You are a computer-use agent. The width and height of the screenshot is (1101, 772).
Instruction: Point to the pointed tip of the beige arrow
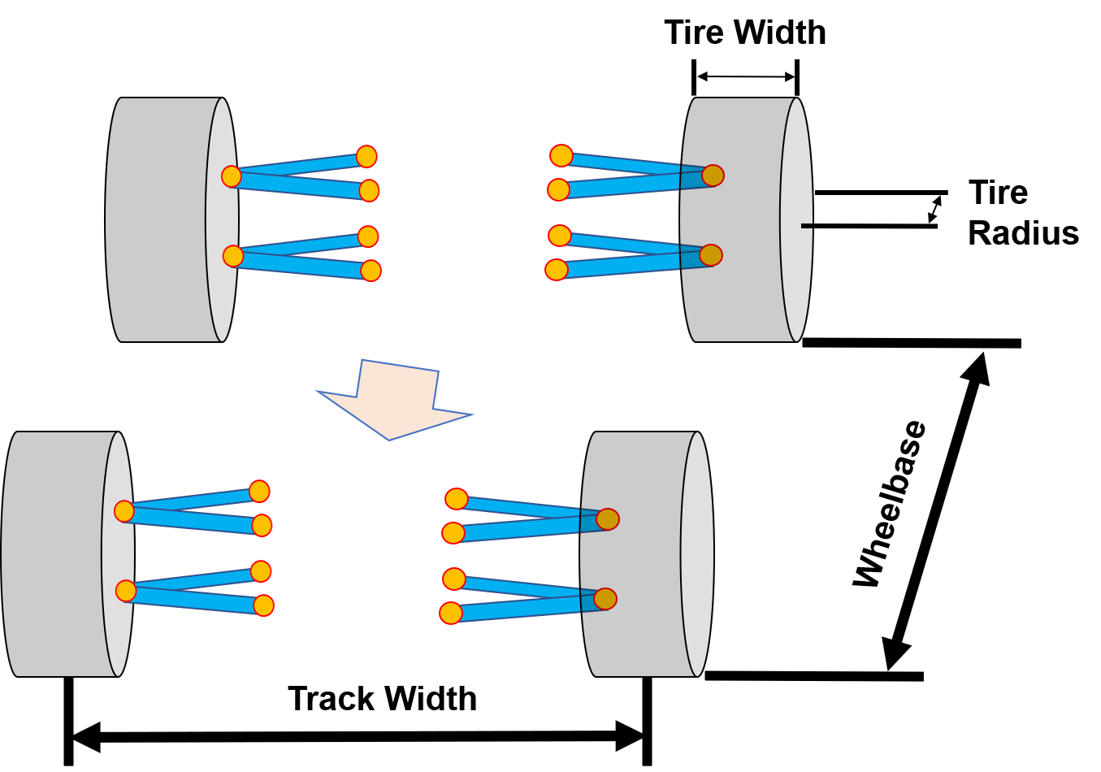click(389, 439)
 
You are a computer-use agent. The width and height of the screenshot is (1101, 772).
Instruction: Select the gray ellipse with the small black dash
click(796, 219)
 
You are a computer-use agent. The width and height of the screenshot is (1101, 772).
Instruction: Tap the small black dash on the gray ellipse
click(806, 226)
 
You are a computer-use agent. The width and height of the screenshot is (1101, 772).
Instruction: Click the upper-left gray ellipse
click(221, 219)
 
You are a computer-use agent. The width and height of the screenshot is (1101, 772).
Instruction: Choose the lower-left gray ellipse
click(118, 553)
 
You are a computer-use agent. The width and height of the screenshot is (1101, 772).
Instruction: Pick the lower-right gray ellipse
click(697, 553)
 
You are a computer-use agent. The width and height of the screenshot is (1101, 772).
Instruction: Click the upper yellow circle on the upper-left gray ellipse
click(232, 176)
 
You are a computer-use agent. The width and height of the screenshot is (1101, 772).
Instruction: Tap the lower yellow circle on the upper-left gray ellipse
click(233, 256)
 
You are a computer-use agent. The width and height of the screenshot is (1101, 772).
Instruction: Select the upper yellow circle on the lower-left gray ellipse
click(124, 511)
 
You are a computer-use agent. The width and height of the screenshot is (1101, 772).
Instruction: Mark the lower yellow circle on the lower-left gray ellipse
click(126, 591)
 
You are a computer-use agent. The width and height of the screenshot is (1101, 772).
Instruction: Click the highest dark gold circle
click(713, 176)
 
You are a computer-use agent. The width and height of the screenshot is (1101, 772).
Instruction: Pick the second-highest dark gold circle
click(711, 255)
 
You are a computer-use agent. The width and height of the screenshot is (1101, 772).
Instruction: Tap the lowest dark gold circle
click(605, 599)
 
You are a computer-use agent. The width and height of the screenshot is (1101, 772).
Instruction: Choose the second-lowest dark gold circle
click(608, 519)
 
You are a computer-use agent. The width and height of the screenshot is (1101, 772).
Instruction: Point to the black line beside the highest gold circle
click(680, 176)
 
